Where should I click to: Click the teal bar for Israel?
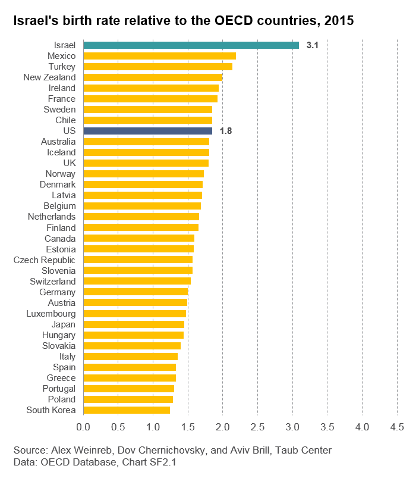pyautogui.click(x=191, y=45)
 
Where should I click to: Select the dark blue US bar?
pyautogui.click(x=147, y=131)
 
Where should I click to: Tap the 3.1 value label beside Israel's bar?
pyautogui.click(x=313, y=45)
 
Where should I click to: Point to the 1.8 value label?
pyautogui.click(x=226, y=131)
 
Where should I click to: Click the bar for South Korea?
pyautogui.click(x=127, y=410)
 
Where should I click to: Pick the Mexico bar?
pyautogui.click(x=159, y=56)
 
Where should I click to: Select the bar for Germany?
pyautogui.click(x=136, y=292)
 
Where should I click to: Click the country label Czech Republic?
pyautogui.click(x=45, y=260)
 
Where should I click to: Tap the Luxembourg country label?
pyautogui.click(x=51, y=314)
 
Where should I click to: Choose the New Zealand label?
pyautogui.click(x=49, y=77)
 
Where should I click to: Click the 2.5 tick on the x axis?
pyautogui.click(x=257, y=427)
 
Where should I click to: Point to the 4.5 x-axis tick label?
pyautogui.click(x=396, y=427)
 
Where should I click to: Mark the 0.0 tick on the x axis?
pyautogui.click(x=83, y=427)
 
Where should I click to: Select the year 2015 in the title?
pyautogui.click(x=338, y=21)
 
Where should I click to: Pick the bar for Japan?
pyautogui.click(x=134, y=324)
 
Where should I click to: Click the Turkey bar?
pyautogui.click(x=157, y=67)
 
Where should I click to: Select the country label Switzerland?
pyautogui.click(x=53, y=282)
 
